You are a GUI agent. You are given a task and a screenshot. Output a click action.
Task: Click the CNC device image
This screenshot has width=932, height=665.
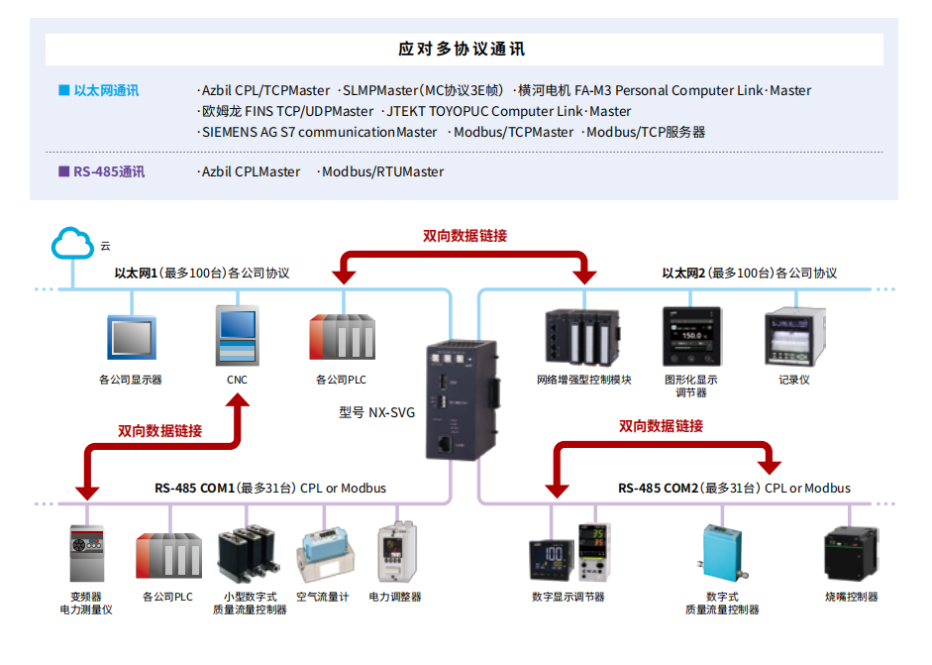238,336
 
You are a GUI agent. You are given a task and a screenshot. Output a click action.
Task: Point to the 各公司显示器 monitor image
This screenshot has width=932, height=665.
132,338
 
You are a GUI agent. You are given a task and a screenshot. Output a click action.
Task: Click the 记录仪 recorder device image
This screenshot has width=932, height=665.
794,336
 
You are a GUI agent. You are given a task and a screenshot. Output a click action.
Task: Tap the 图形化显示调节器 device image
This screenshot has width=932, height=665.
693,336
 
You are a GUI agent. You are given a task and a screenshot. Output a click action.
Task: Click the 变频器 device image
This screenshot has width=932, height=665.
86,554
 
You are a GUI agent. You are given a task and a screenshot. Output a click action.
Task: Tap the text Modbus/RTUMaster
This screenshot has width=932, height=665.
382,171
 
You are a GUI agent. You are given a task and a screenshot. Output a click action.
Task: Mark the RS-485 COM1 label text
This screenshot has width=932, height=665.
194,488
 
